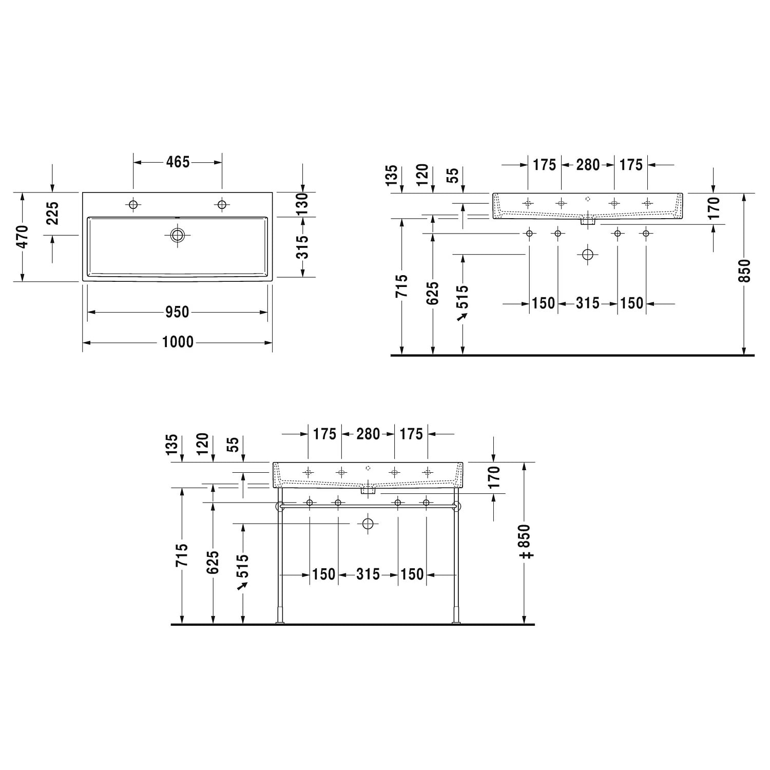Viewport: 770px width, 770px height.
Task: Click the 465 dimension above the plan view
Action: tap(178, 162)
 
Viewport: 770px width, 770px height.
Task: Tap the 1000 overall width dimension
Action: tap(178, 342)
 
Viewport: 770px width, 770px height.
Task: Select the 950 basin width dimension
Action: tap(177, 312)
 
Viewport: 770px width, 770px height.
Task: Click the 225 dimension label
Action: tap(53, 214)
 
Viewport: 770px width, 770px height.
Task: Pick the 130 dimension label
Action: tap(303, 204)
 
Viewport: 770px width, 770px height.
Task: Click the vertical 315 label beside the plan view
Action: tap(303, 247)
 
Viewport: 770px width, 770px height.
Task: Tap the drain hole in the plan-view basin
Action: tap(178, 236)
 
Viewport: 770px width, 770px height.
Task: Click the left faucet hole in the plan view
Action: tap(133, 205)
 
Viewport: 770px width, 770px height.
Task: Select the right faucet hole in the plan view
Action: tap(222, 205)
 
